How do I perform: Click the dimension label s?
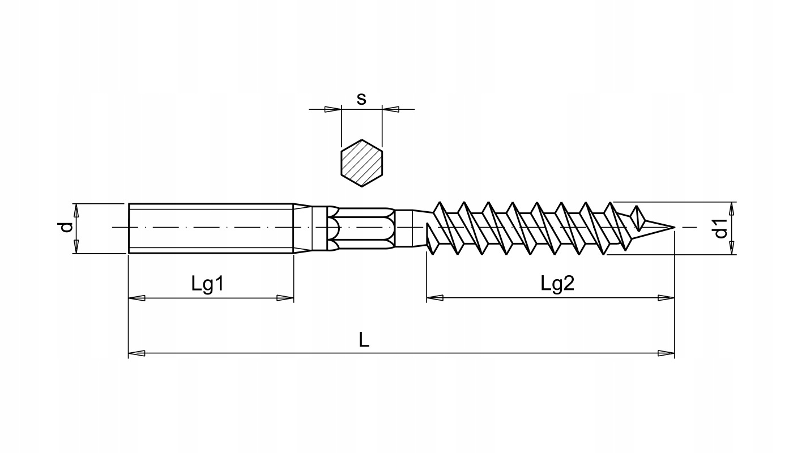point(361,99)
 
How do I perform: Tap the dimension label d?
point(67,228)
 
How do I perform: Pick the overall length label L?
point(364,340)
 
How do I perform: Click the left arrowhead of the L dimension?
point(137,354)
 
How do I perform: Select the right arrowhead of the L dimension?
point(667,354)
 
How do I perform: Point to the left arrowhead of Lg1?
point(137,298)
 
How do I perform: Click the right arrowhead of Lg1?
point(285,298)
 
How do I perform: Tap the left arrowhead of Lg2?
point(434,298)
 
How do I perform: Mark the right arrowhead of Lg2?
point(667,298)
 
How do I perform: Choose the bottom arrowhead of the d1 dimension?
point(732,247)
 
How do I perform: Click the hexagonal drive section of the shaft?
point(363,228)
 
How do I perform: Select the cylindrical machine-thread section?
point(210,228)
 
